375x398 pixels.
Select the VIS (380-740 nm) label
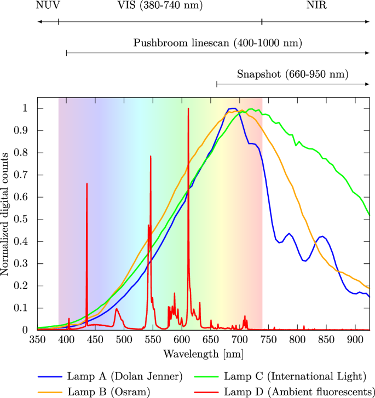click(x=160, y=6)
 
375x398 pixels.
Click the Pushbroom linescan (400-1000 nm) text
click(x=217, y=43)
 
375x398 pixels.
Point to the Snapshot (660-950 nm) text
click(x=292, y=74)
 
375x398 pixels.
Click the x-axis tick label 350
click(x=37, y=339)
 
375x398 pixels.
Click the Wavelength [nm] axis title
click(x=203, y=354)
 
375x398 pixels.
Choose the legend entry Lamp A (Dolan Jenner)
click(x=124, y=376)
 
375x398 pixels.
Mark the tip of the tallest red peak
click(x=188, y=108)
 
